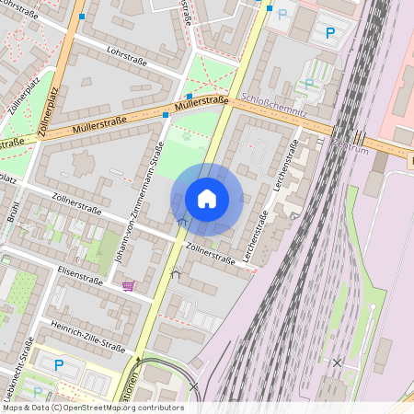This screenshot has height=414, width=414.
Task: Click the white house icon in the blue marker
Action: (x=207, y=199)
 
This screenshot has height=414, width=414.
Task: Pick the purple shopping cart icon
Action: (x=128, y=286)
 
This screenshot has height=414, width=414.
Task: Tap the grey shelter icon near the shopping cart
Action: (x=175, y=272)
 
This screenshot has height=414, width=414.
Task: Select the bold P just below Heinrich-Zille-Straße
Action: (x=59, y=365)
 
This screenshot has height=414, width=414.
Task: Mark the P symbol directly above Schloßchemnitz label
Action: (x=309, y=83)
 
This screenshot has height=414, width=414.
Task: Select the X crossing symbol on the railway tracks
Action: (x=337, y=363)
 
